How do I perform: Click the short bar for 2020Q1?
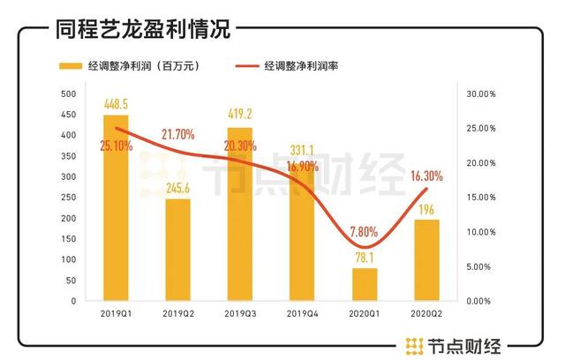[x=365, y=284]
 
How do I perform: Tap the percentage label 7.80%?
[x=364, y=229]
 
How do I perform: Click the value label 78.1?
[x=365, y=259]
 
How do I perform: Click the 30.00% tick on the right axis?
[x=481, y=94]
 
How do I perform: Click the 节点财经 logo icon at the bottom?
[x=412, y=344]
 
